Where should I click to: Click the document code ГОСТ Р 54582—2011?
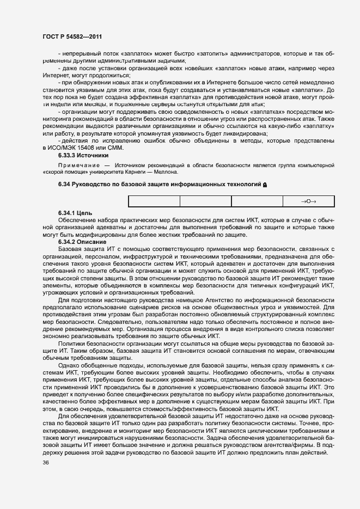click(x=72, y=36)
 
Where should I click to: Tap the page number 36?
click(x=45, y=463)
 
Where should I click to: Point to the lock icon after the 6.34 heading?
click(x=265, y=186)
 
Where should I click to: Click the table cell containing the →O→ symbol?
click(x=309, y=201)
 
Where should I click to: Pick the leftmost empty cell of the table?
click(x=154, y=201)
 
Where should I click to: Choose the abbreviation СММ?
click(x=115, y=148)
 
